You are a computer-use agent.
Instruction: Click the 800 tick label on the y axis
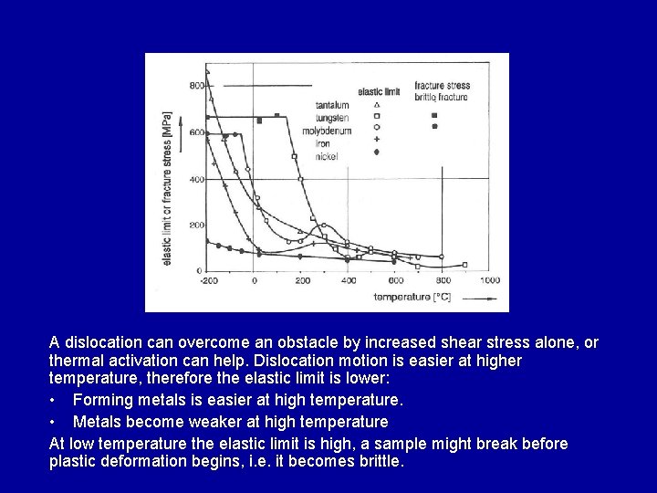196,86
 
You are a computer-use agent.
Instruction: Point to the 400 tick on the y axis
196,179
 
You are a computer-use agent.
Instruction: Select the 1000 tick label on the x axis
489,280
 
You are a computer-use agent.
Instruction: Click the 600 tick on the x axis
396,280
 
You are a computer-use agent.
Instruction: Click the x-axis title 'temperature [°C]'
412,298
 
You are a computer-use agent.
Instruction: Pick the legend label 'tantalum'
331,105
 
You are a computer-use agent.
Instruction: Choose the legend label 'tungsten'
331,118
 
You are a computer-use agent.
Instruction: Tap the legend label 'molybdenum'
326,131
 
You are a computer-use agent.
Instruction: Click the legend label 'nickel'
327,157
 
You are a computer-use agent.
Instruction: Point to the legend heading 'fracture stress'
442,86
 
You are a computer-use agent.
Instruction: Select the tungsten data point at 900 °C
464,265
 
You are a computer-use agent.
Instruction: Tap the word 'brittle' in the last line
377,462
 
